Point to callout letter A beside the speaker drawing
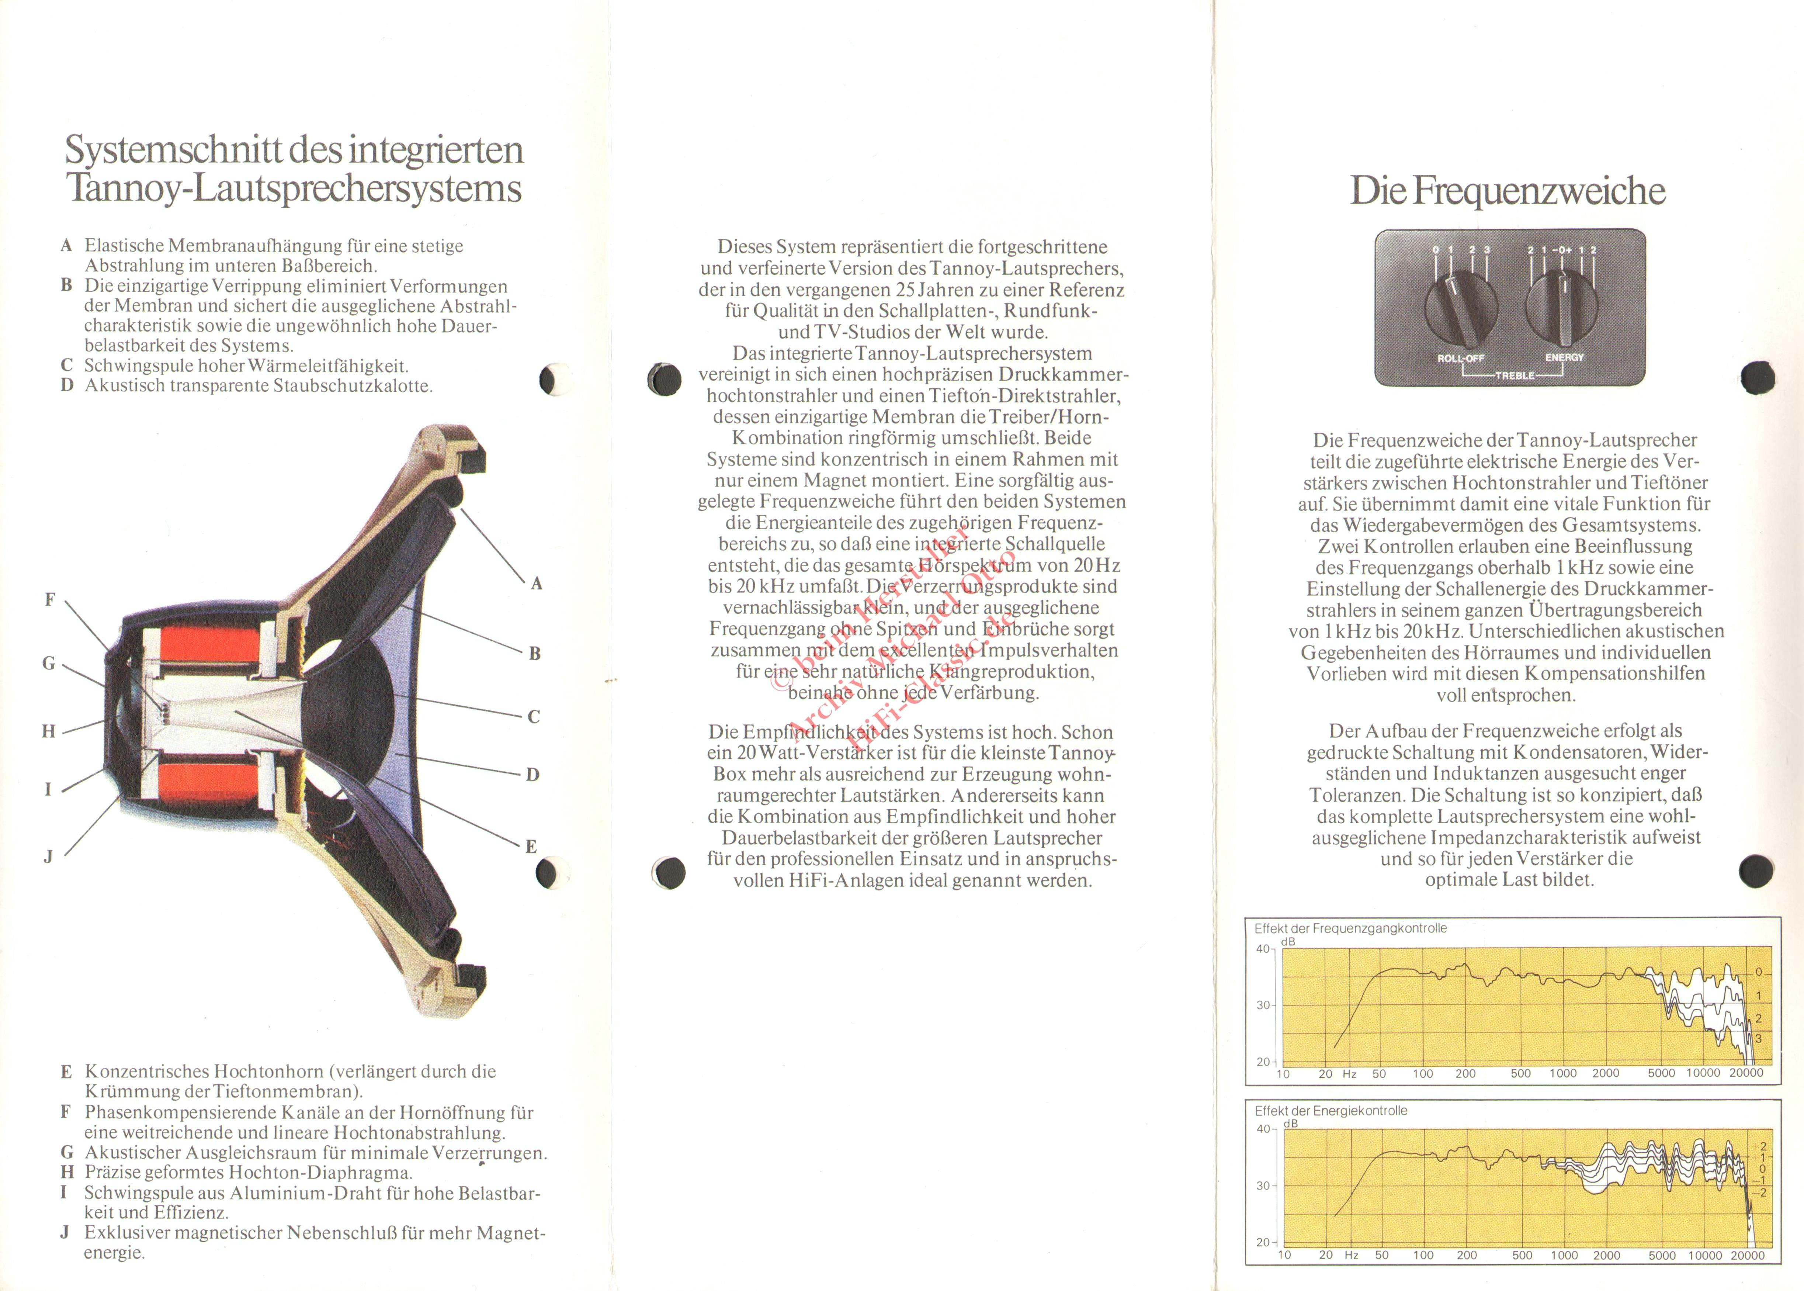click(x=537, y=584)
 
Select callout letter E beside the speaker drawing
click(x=531, y=847)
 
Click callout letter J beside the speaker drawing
click(x=48, y=856)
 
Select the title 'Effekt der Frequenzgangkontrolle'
click(x=1350, y=928)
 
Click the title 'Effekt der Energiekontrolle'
click(x=1331, y=1111)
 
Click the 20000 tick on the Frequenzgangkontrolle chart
click(x=1746, y=1073)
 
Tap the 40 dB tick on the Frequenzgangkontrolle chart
click(x=1263, y=948)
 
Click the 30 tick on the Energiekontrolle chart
click(x=1263, y=1185)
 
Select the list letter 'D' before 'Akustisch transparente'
click(x=67, y=385)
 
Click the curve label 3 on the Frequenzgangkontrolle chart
click(x=1759, y=1038)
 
